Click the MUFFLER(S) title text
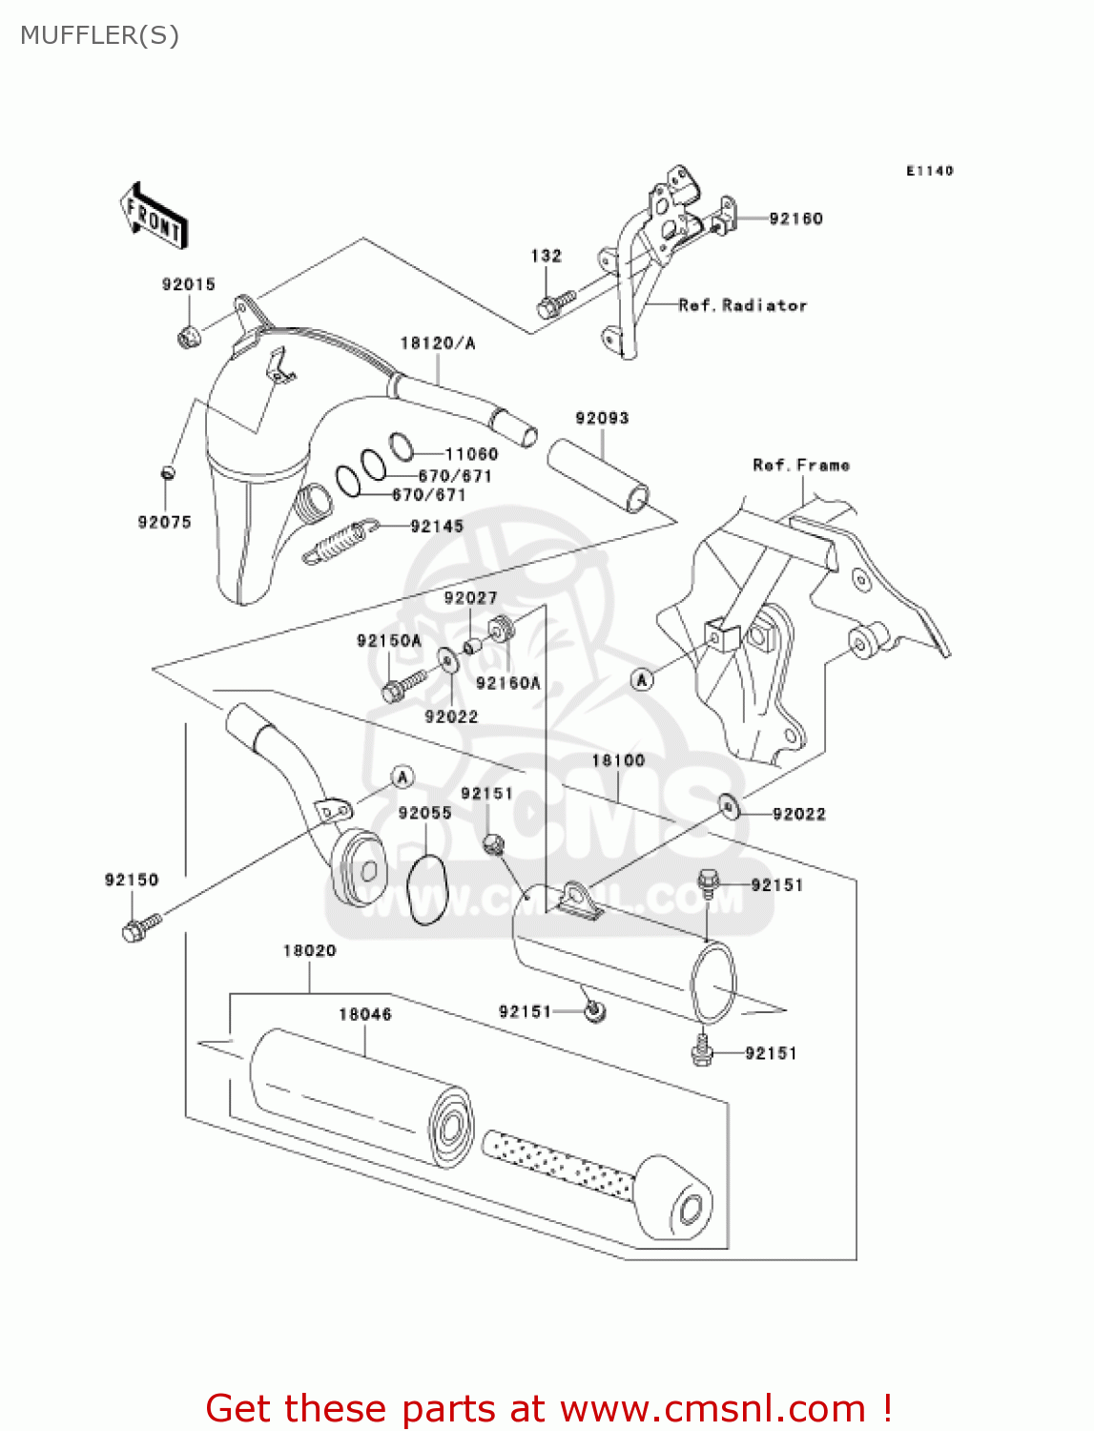click(99, 35)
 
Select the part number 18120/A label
click(437, 343)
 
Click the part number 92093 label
click(602, 418)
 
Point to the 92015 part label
click(188, 284)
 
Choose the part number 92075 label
click(164, 522)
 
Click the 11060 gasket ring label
click(471, 454)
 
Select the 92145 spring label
click(437, 527)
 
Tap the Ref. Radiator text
click(742, 305)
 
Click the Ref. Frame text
click(800, 466)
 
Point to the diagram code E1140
click(929, 171)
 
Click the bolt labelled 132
click(552, 304)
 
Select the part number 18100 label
click(618, 760)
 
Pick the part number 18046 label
click(365, 1014)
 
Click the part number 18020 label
click(309, 950)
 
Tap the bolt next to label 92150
click(140, 927)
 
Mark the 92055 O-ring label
click(424, 813)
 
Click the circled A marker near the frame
click(642, 679)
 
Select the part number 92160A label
click(507, 683)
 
